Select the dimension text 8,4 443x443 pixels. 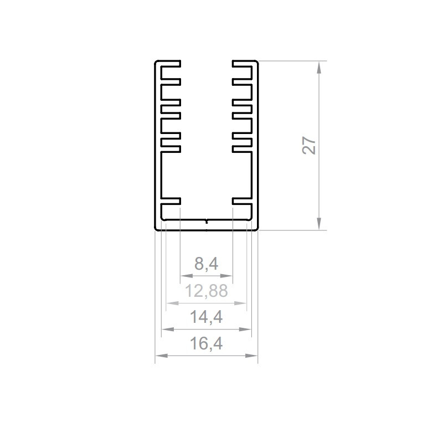coord(206,265)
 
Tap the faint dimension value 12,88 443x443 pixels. coord(206,291)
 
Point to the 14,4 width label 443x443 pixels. coord(206,317)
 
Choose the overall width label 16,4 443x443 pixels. coord(206,344)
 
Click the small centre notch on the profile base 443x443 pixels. coord(207,221)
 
